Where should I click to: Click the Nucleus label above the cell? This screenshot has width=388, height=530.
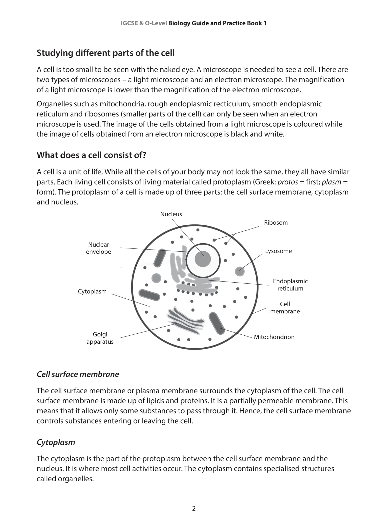point(171,214)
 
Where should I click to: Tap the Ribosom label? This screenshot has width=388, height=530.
point(276,223)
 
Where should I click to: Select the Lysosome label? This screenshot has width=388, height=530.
point(278,251)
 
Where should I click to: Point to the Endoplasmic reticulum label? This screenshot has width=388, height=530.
point(290,285)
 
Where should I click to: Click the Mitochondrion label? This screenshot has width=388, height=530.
point(274,337)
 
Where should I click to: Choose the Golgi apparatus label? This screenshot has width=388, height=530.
point(100,338)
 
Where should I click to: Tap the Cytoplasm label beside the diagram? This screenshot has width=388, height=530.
point(92,291)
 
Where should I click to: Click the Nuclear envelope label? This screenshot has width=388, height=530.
point(98,248)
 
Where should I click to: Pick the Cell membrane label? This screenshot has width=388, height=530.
point(285,307)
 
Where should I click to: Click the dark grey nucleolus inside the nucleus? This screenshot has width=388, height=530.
point(203,259)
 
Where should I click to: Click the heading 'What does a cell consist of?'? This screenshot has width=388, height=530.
point(91,155)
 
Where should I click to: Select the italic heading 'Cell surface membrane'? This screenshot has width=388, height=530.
point(78,374)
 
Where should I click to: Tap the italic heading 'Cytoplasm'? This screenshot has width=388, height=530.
point(56,442)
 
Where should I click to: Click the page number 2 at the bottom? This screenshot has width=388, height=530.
point(194,509)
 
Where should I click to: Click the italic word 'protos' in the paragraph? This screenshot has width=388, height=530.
point(287,182)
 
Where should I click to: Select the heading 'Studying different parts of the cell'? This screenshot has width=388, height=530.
point(105,53)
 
